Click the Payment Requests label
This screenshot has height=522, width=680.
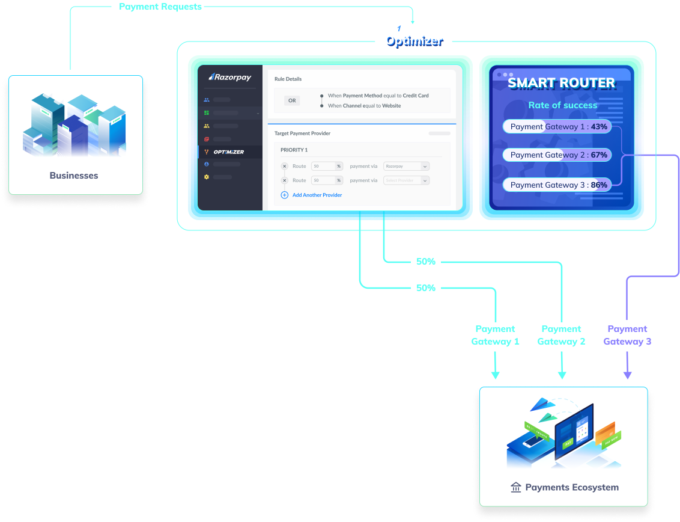(160, 7)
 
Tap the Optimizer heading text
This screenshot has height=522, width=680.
(413, 41)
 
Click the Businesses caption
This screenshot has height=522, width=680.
(74, 176)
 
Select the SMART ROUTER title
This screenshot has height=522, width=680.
(561, 83)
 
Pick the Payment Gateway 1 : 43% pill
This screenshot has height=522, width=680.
(557, 127)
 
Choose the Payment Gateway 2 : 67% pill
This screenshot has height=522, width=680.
(557, 155)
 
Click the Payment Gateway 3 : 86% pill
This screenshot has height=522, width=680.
(557, 185)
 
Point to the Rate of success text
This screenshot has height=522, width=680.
(562, 105)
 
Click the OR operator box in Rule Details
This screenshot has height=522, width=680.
(292, 100)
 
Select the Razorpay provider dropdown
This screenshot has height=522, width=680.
(406, 166)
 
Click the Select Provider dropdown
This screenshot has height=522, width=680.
(406, 180)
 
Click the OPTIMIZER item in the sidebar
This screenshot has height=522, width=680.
(228, 152)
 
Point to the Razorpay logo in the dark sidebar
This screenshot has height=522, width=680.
(229, 77)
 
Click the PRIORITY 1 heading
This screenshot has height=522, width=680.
(294, 150)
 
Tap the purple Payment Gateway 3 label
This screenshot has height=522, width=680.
(627, 335)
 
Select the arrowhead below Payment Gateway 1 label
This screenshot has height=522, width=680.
(495, 375)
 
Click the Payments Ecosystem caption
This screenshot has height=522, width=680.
(571, 487)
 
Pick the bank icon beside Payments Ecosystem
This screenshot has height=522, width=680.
(515, 487)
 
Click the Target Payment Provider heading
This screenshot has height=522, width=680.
(302, 134)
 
